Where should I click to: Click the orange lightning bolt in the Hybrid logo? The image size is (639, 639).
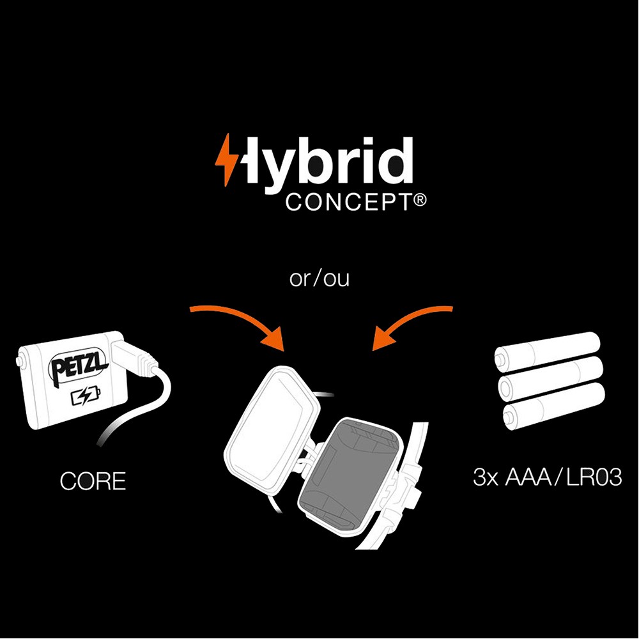(x=226, y=159)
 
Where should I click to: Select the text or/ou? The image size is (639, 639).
(x=319, y=280)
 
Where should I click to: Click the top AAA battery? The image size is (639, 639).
(x=548, y=351)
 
